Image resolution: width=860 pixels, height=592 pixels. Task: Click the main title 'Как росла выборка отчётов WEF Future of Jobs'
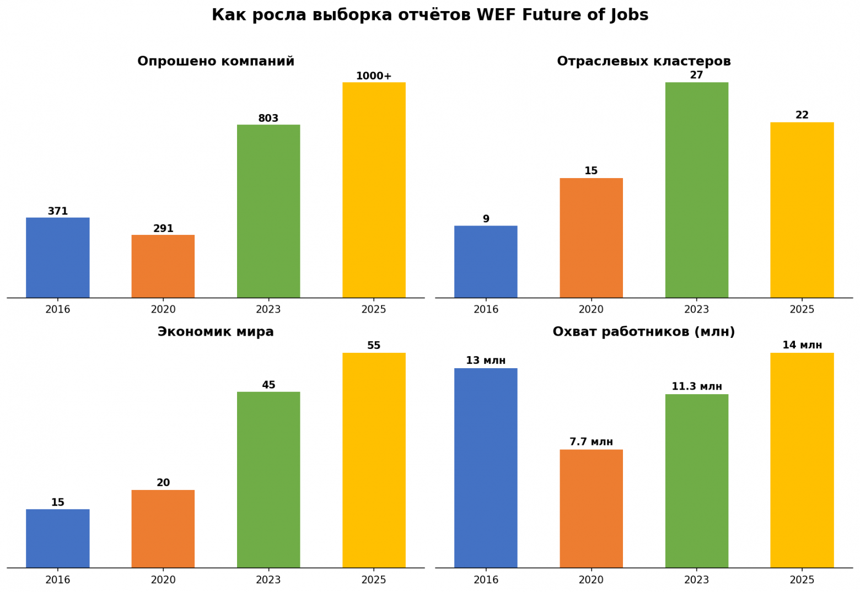(x=430, y=15)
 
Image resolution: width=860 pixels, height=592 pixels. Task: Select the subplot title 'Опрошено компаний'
(x=216, y=61)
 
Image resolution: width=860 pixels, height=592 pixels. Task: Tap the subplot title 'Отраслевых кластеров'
(x=644, y=61)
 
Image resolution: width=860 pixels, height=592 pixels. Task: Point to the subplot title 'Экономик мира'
(x=216, y=331)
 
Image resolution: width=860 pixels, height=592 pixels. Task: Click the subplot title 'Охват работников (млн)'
(x=644, y=331)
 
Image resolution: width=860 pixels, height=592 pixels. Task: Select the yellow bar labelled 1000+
(x=374, y=190)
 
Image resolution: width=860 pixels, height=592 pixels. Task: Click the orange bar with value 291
(x=163, y=266)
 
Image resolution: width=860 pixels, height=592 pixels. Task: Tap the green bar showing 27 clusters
(x=697, y=190)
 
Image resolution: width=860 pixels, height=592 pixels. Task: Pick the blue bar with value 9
(x=486, y=262)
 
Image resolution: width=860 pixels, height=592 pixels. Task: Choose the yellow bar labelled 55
(x=374, y=460)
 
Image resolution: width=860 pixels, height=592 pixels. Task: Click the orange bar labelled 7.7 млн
(x=591, y=509)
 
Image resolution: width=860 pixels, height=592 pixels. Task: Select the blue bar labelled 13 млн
(x=486, y=468)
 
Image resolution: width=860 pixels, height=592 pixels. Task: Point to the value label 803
(x=268, y=119)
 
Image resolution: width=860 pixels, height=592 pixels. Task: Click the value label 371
(x=57, y=211)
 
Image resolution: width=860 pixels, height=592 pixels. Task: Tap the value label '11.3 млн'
(x=697, y=386)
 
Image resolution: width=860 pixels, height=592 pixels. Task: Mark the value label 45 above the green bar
(x=268, y=385)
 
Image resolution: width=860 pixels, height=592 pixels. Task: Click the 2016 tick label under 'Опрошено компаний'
(x=57, y=309)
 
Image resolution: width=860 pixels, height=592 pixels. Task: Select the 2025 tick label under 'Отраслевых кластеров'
(x=802, y=309)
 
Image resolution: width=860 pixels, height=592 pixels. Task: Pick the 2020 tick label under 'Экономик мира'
(x=163, y=580)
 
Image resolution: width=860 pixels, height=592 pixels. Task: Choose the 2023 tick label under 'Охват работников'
(x=697, y=580)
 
